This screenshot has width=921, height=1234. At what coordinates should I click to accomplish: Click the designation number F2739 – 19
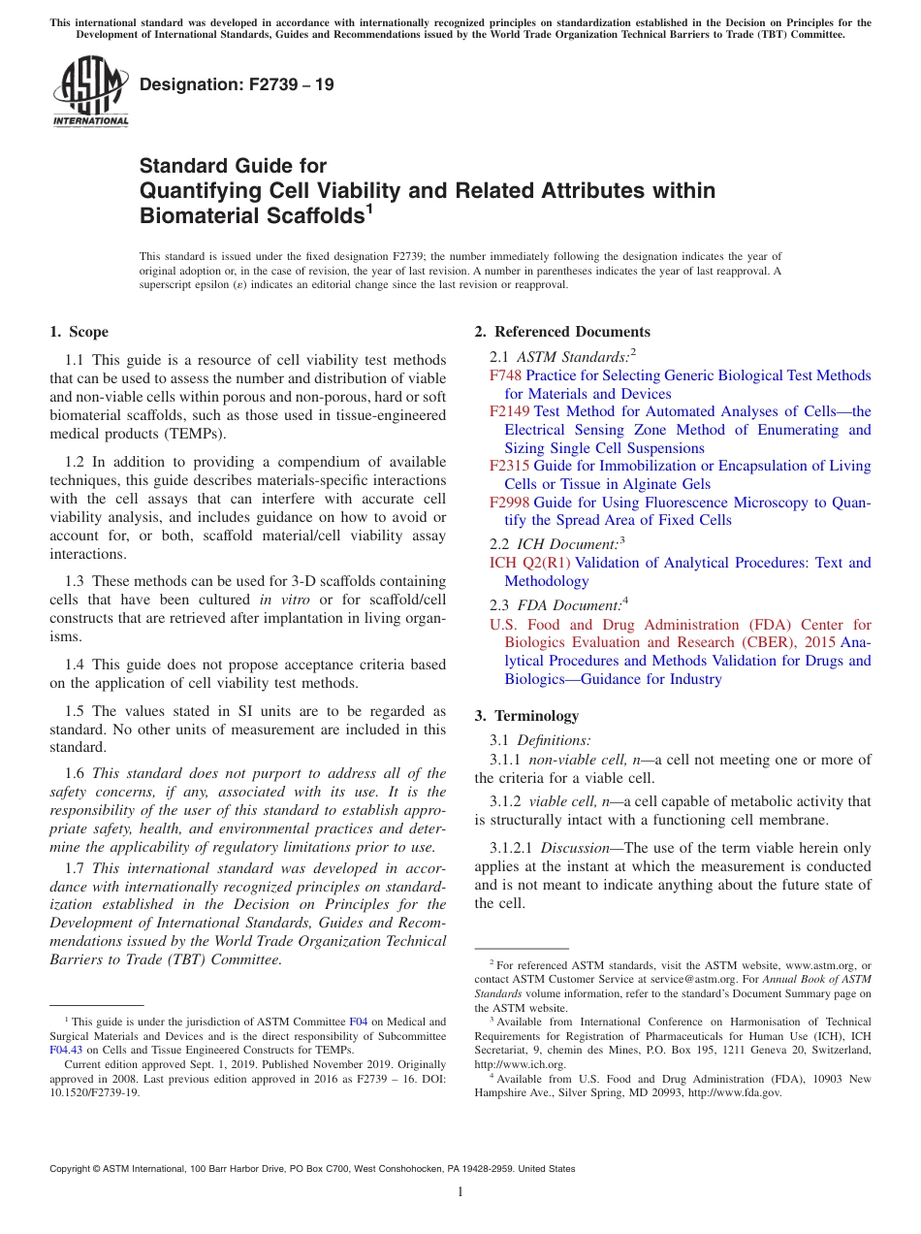pyautogui.click(x=237, y=84)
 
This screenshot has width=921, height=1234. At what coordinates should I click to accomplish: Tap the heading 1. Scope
pyautogui.click(x=79, y=332)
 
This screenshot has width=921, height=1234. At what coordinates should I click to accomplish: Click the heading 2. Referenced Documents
pyautogui.click(x=562, y=332)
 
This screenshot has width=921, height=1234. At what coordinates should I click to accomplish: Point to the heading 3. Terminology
pyautogui.click(x=526, y=716)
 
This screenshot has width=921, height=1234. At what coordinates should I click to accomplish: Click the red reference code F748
pyautogui.click(x=505, y=375)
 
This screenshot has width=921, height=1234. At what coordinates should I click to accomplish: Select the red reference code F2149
pyautogui.click(x=510, y=411)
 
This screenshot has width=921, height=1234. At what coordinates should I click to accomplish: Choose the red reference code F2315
pyautogui.click(x=510, y=466)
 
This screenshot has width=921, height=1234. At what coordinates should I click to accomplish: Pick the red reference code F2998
pyautogui.click(x=510, y=503)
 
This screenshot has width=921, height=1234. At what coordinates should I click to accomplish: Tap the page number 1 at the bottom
pyautogui.click(x=460, y=1191)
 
